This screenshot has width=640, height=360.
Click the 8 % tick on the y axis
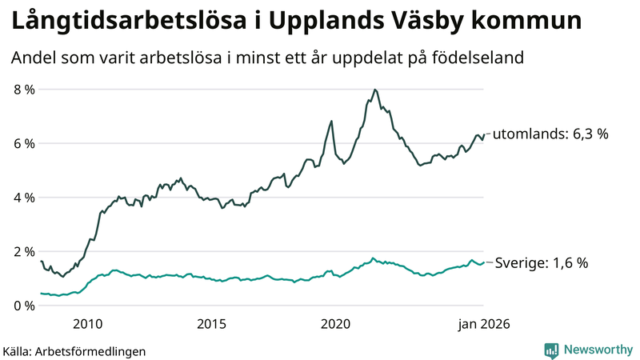click(x=24, y=90)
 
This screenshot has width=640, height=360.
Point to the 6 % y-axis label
click(x=24, y=144)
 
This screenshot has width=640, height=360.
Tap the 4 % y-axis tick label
click(x=24, y=198)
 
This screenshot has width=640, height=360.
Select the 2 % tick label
click(x=24, y=252)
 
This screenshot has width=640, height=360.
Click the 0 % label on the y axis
click(x=24, y=306)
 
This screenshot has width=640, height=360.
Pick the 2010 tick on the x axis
click(x=88, y=324)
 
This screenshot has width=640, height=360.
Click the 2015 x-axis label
click(x=212, y=324)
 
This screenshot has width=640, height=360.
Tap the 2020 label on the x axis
click(x=336, y=324)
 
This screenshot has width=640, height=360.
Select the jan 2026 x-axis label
click(x=483, y=324)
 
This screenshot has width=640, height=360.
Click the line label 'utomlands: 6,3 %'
click(x=550, y=134)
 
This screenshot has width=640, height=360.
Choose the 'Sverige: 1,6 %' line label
click(x=542, y=262)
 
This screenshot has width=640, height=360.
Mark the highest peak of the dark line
click(x=375, y=90)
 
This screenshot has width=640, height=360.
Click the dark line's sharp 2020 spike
click(x=331, y=122)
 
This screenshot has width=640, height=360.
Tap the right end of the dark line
click(x=484, y=134)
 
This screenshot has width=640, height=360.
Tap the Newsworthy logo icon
click(x=551, y=350)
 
